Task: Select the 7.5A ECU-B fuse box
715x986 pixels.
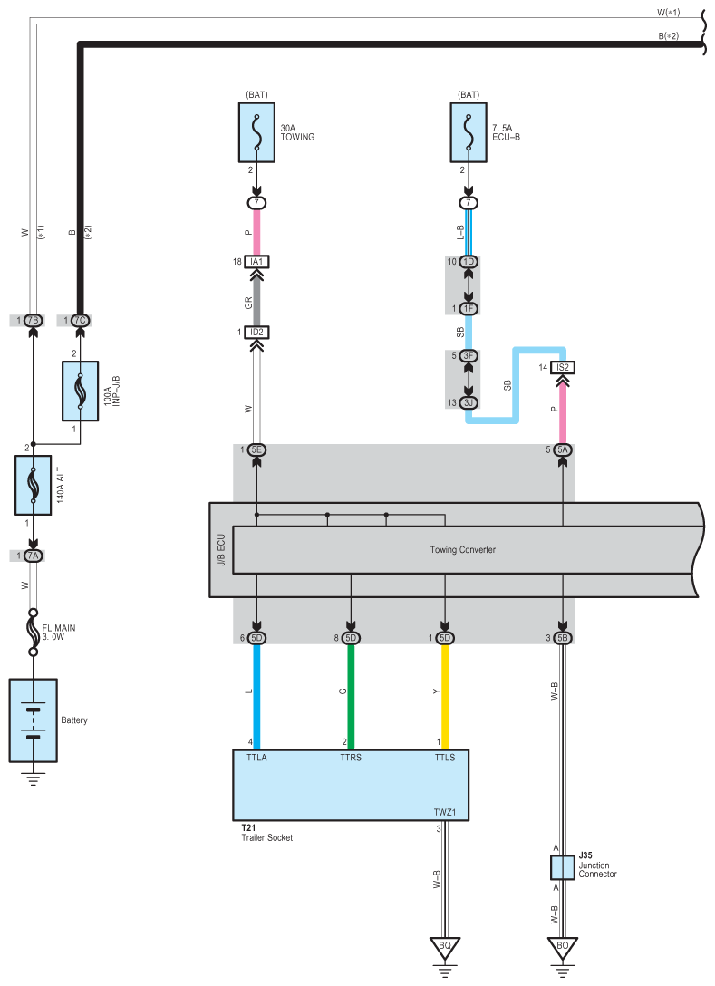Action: point(469,132)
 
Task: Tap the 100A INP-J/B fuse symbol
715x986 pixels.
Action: point(80,391)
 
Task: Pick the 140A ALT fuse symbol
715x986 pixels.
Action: point(33,485)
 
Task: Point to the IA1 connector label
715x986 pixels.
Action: point(256,262)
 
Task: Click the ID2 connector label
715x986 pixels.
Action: point(256,333)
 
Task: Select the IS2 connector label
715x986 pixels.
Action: point(563,367)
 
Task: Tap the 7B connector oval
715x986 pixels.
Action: point(33,321)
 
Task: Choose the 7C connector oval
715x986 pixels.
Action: point(80,321)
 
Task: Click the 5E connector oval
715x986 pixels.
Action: point(256,449)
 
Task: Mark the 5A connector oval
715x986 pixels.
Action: point(563,449)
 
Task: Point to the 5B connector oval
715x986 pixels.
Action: point(563,638)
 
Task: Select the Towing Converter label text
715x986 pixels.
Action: point(462,550)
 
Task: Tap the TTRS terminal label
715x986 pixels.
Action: point(350,758)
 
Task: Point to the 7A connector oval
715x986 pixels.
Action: point(33,556)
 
